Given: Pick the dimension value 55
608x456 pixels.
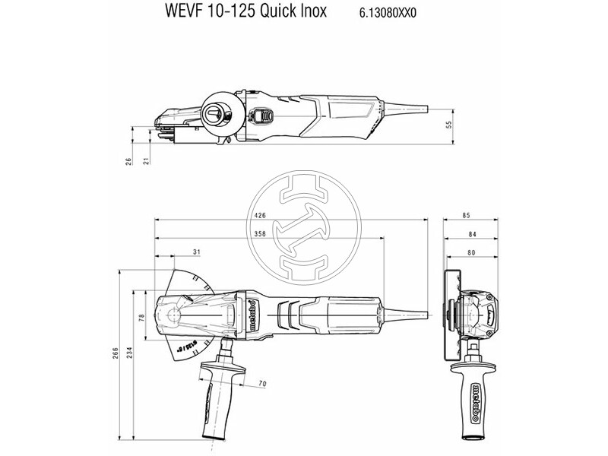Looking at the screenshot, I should (x=448, y=126).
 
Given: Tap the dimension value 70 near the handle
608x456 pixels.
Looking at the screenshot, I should (x=261, y=385).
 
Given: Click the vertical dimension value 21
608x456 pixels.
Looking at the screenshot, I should (x=146, y=160).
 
